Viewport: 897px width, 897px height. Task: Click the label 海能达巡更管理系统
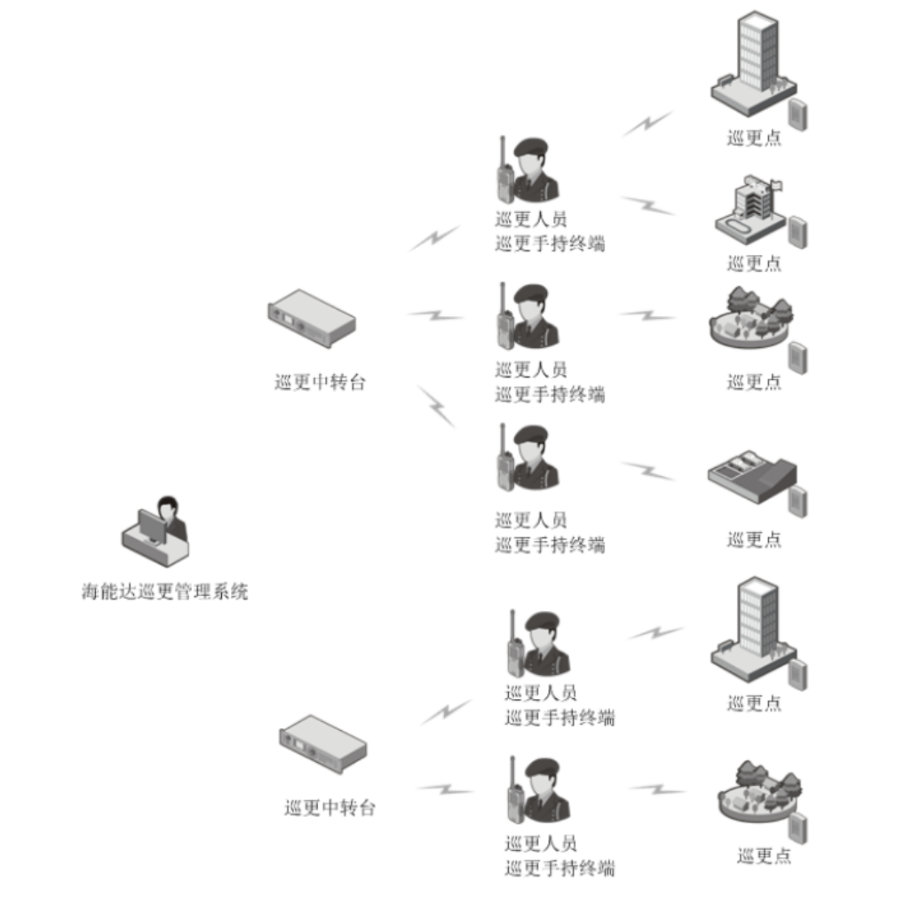[165, 591]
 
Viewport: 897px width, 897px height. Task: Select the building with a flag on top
[747, 210]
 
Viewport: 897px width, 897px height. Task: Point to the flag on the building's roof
[776, 185]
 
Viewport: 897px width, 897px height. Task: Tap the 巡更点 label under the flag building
[754, 263]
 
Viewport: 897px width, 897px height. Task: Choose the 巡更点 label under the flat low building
[754, 539]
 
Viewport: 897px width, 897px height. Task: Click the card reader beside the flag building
[798, 231]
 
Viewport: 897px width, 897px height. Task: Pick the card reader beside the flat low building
[798, 500]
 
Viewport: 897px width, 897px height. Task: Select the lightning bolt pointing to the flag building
[648, 205]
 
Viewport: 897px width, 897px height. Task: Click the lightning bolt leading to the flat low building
[647, 471]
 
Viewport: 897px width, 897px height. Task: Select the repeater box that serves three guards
[312, 318]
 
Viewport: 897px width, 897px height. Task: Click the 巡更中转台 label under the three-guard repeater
[319, 384]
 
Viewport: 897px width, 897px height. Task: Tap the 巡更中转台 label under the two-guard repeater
[329, 808]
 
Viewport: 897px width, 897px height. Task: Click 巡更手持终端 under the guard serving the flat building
[550, 544]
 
